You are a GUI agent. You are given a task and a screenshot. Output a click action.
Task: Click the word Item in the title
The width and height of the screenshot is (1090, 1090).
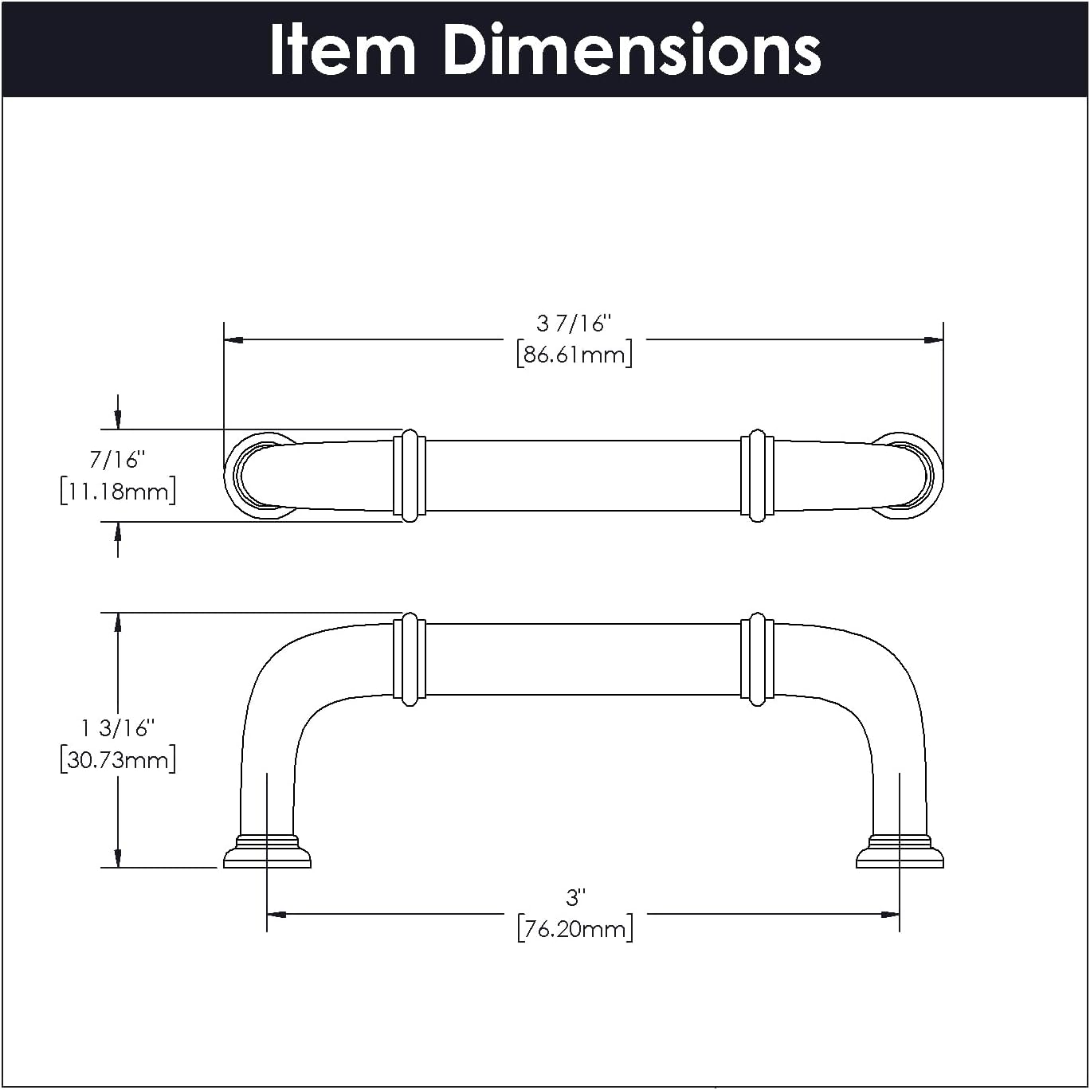click(343, 50)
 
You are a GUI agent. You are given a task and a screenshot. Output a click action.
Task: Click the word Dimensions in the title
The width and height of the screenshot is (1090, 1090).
click(630, 50)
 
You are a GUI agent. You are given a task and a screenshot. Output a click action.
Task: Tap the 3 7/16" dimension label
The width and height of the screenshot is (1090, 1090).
click(573, 323)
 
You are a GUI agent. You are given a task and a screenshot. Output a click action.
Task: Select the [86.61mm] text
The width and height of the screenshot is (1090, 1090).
click(574, 354)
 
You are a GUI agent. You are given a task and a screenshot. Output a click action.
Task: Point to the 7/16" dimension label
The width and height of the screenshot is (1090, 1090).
click(117, 460)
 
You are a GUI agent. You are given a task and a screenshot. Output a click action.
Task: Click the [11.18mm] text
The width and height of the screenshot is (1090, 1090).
click(118, 491)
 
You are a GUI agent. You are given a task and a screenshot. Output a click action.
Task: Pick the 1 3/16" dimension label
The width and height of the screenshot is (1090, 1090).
click(117, 727)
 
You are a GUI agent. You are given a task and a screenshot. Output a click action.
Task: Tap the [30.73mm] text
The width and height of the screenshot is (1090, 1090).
click(118, 759)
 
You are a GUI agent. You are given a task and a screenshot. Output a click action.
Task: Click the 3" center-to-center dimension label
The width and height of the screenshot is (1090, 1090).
click(575, 898)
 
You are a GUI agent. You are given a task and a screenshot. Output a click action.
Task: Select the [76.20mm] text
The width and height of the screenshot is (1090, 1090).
click(575, 929)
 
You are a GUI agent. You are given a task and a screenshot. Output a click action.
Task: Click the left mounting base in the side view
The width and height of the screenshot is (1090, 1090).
click(267, 853)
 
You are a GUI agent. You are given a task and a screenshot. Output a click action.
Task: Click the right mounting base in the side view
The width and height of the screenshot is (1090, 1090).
click(900, 853)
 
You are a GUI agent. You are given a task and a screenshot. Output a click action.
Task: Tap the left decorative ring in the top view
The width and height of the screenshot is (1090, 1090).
click(410, 476)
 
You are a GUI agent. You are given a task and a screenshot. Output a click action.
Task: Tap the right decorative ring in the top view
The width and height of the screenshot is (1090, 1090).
click(757, 476)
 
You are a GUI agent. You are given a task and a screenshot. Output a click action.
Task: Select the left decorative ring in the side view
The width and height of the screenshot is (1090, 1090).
click(410, 660)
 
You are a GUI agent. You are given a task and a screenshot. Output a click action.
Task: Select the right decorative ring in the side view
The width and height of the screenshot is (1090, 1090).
click(757, 660)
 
